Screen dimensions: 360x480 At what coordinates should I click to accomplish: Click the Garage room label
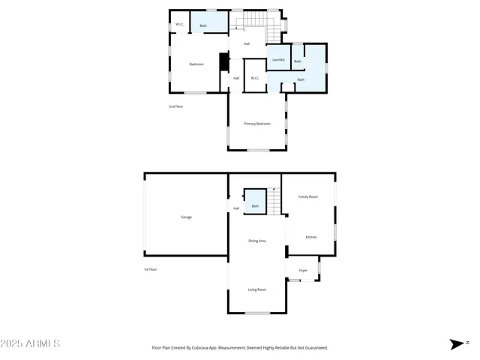coord(186,217)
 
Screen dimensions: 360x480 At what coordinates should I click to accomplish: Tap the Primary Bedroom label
coord(256,123)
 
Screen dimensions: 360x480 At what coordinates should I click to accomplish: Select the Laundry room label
coord(278,59)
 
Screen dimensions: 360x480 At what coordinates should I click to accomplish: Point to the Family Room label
coord(308,196)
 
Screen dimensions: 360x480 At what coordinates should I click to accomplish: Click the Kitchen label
coord(310,237)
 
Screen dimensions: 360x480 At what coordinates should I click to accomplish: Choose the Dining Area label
coord(257,241)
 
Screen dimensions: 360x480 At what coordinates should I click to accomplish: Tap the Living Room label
coord(257,289)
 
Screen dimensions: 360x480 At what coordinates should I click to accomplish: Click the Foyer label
coord(303,270)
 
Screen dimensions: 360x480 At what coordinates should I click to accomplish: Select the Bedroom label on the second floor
coord(196,64)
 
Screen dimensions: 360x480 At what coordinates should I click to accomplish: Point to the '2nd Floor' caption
coord(175,106)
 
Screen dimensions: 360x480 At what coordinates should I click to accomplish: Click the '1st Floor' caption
coord(150,269)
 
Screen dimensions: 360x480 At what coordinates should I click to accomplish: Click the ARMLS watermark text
coord(31,343)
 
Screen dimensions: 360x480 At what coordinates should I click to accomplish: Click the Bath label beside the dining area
coord(255,206)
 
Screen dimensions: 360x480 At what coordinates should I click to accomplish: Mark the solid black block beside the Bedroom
coord(222,62)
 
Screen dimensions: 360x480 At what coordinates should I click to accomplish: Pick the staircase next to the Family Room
coord(275,199)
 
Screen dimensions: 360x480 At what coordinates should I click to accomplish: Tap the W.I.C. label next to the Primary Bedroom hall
coord(255,78)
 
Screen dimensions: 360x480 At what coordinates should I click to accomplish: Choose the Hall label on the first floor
coord(236,208)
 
